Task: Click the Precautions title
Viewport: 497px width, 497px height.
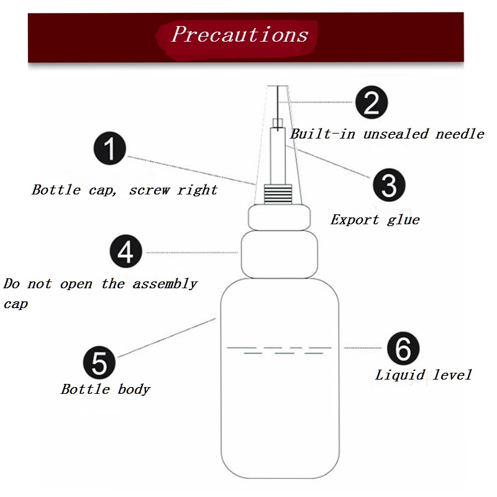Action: [240, 34]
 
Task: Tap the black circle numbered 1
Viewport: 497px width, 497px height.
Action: [110, 148]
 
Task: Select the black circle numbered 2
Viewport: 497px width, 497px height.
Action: [372, 102]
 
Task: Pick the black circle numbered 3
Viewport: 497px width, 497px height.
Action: [389, 185]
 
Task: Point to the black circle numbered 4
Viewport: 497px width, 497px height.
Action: [126, 251]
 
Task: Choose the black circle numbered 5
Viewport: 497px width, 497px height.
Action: [99, 362]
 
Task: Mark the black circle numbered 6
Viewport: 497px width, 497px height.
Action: [403, 348]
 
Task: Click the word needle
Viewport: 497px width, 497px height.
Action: [460, 134]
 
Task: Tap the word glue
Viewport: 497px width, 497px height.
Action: [403, 221]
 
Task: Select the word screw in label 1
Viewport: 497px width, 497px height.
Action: [150, 190]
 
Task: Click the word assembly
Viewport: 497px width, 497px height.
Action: [165, 284]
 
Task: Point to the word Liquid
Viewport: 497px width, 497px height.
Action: [399, 375]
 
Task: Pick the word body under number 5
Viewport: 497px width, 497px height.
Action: [134, 390]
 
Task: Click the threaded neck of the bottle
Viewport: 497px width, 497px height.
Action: [278, 194]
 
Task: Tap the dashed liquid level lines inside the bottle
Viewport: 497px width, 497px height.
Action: [279, 350]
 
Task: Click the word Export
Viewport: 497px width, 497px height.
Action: [355, 219]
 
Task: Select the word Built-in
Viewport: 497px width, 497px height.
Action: [322, 134]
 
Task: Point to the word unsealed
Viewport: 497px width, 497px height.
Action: [396, 134]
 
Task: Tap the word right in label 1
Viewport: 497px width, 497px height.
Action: [197, 190]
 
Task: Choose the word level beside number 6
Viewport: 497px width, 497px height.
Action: [452, 375]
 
